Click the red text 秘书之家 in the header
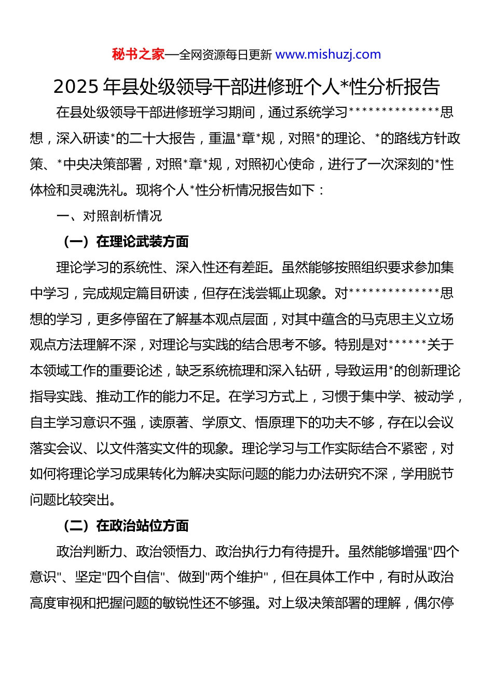click(x=138, y=54)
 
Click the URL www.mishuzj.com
click(x=328, y=54)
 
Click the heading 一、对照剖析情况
click(x=109, y=216)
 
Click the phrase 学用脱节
click(x=427, y=474)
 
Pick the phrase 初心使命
click(x=288, y=164)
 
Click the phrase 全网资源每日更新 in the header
click(x=225, y=55)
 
